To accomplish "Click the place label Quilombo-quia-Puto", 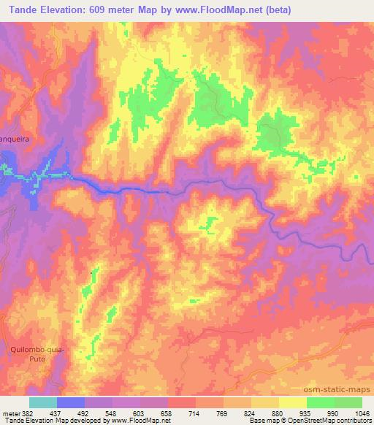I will pos(39,354).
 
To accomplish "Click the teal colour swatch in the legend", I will pos(43,402).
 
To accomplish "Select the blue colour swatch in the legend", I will pos(71,402).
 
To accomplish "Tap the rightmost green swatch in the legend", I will pos(348,402).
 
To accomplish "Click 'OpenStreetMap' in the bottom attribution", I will pos(293,421).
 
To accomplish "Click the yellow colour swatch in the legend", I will pos(292,402).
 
